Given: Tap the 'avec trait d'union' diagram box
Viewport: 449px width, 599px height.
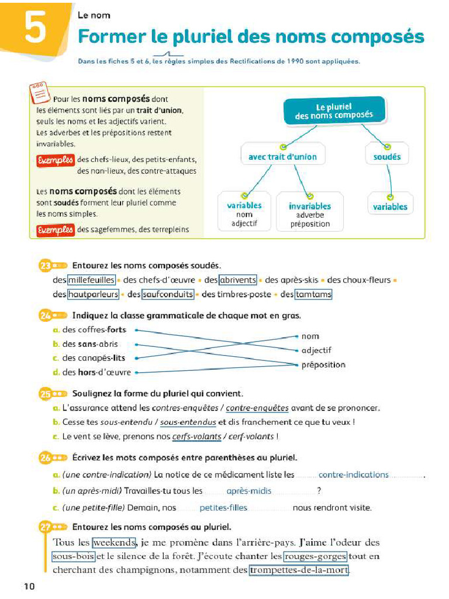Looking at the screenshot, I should pyautogui.click(x=282, y=157).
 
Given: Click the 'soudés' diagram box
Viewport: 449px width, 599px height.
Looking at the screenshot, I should pyautogui.click(x=387, y=157).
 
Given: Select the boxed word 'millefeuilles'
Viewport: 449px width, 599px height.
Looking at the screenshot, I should pyautogui.click(x=91, y=280).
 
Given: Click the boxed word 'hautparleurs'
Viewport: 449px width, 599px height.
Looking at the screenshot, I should pyautogui.click(x=94, y=295).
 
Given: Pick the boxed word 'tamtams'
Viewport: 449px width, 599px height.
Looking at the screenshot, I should pyautogui.click(x=313, y=295).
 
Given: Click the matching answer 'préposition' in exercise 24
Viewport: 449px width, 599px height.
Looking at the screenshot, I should pyautogui.click(x=323, y=365).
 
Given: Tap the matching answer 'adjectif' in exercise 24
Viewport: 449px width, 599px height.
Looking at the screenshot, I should pyautogui.click(x=316, y=350).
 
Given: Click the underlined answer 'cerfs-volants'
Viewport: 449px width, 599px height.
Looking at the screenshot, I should pyautogui.click(x=197, y=436).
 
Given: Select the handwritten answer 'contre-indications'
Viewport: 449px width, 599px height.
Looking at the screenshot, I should pyautogui.click(x=353, y=474).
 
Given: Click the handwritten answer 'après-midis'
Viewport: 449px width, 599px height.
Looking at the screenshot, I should pyautogui.click(x=248, y=491).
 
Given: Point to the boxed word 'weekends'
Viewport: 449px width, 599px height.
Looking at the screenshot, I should pyautogui.click(x=114, y=542).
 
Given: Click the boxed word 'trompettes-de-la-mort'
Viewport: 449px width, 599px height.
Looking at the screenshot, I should pyautogui.click(x=299, y=570).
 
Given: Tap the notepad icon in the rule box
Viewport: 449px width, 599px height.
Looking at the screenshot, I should pyautogui.click(x=39, y=91).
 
